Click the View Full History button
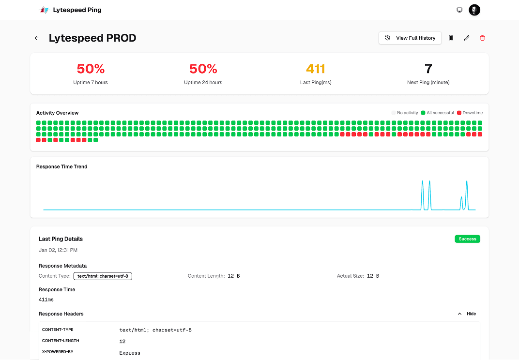tap(410, 38)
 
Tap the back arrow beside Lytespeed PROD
tap(36, 38)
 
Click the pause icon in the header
tap(451, 38)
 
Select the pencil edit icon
tap(467, 38)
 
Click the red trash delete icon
tap(482, 38)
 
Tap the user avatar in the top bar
tap(474, 10)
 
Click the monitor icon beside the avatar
tap(459, 10)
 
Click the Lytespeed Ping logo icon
tap(45, 10)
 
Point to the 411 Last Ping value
tap(316, 69)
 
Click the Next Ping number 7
tap(428, 69)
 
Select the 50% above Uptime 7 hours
tap(91, 69)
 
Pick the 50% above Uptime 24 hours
tap(203, 69)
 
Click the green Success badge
tap(467, 239)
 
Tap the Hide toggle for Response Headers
tap(467, 314)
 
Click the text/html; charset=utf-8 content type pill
tap(103, 276)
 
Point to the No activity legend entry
tap(405, 113)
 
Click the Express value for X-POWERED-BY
tap(130, 353)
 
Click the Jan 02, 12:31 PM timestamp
tap(58, 250)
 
